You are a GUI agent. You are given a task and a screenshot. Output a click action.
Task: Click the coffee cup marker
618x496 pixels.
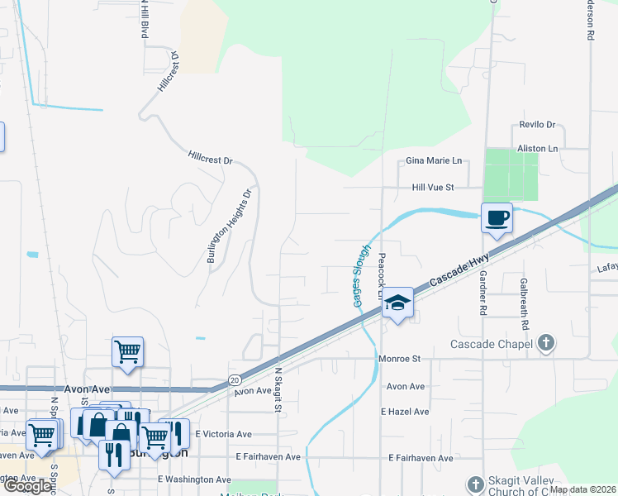point(497,218)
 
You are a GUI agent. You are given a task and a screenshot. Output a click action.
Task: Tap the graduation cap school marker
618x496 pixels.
point(397,303)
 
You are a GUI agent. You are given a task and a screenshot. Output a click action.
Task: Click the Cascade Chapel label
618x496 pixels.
point(492,344)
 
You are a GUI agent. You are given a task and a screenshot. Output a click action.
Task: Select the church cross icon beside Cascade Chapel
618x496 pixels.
point(544,342)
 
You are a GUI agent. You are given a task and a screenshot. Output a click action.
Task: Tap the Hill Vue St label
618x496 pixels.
point(433,188)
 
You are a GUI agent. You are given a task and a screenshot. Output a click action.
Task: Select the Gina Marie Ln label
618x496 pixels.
point(433,160)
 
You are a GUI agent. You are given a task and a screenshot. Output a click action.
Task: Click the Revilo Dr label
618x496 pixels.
point(537,124)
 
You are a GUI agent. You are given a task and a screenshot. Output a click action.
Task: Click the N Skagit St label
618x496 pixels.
point(278,390)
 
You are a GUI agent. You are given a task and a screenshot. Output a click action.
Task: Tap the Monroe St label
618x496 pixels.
point(400,359)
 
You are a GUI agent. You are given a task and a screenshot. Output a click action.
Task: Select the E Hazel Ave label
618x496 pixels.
point(405,411)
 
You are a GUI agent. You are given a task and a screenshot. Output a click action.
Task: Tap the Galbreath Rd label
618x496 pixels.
point(523,303)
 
